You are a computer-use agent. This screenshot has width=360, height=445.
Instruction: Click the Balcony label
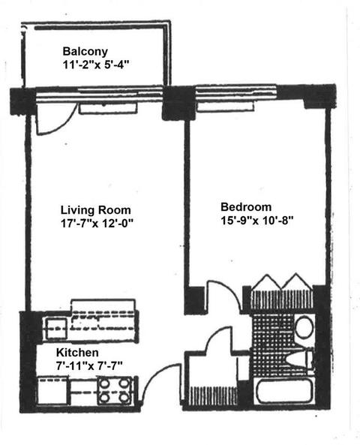[x=85, y=52]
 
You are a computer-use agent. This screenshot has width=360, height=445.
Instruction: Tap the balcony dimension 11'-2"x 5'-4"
[x=96, y=65]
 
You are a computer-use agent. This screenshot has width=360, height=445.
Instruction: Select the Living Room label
[x=95, y=210]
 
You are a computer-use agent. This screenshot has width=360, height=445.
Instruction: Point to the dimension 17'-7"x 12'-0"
[x=97, y=224]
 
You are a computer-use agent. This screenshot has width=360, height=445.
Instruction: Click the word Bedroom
[x=246, y=207]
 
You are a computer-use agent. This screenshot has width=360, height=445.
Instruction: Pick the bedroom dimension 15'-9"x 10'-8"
[x=256, y=220]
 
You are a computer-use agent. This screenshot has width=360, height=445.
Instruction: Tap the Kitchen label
[x=77, y=353]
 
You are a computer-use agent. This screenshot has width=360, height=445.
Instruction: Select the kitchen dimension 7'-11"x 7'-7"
[x=89, y=366]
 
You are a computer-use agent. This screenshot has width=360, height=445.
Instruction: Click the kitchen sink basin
[x=57, y=328]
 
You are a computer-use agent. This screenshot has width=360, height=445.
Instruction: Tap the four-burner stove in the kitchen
[x=115, y=391]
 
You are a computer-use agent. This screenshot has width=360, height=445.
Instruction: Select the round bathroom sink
[x=304, y=327]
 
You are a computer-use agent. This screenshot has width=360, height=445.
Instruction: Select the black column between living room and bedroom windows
[x=178, y=103]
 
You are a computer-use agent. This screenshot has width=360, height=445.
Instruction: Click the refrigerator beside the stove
[x=52, y=390]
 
